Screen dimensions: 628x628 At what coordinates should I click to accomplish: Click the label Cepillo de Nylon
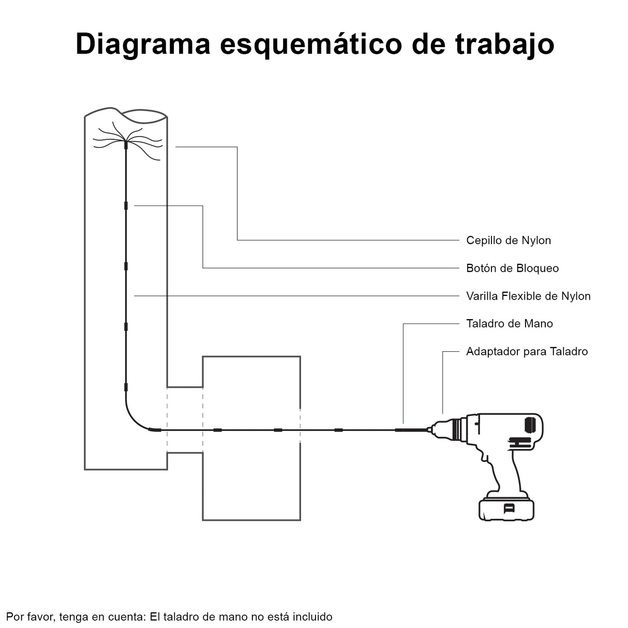click(508, 240)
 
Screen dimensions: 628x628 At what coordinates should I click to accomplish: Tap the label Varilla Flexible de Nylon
click(528, 296)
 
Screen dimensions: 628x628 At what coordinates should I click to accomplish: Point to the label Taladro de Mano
click(509, 323)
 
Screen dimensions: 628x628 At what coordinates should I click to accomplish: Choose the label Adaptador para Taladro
click(527, 351)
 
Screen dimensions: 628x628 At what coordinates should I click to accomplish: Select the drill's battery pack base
click(506, 509)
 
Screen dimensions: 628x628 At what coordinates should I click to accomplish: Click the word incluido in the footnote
click(312, 617)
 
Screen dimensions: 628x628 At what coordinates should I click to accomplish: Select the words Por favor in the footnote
click(31, 617)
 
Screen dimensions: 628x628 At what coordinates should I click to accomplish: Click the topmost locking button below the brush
click(126, 205)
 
